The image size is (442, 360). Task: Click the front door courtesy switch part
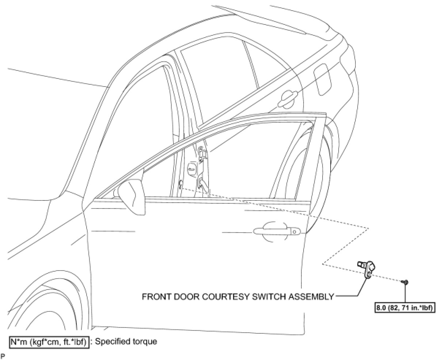(x=367, y=269)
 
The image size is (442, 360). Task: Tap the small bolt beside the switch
(x=405, y=282)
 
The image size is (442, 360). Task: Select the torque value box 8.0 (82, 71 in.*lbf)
(x=405, y=308)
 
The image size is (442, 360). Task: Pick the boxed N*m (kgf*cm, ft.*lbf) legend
(x=49, y=342)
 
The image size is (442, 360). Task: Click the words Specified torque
(x=126, y=342)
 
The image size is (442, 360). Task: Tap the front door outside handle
(x=277, y=231)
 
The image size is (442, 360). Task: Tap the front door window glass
(x=219, y=161)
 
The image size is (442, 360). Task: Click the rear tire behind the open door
(x=321, y=175)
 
